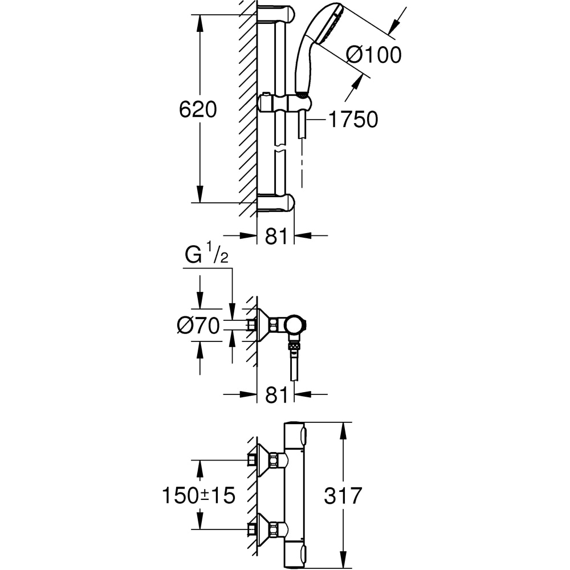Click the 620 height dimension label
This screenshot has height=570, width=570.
[198, 109]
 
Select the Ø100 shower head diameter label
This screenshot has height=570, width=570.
[374, 55]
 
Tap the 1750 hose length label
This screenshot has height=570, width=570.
[353, 120]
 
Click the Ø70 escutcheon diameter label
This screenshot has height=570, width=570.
[198, 326]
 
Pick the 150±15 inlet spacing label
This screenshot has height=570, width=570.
[198, 495]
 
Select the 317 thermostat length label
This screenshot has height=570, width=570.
[343, 495]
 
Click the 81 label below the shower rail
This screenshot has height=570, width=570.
[276, 236]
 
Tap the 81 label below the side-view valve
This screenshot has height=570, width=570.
[276, 394]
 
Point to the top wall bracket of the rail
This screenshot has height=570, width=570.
[276, 14]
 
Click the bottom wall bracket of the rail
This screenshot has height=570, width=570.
[276, 202]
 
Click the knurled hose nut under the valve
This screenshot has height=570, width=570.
[294, 345]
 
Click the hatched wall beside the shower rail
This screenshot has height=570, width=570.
[247, 108]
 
